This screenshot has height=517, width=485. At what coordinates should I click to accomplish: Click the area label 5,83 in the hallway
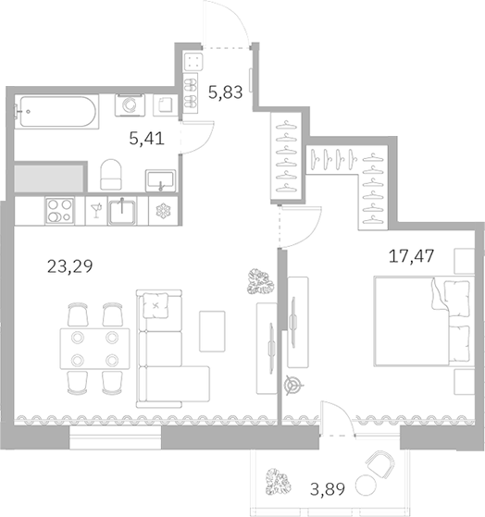click(227, 92)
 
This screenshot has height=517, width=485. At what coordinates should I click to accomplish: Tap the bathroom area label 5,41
click(146, 142)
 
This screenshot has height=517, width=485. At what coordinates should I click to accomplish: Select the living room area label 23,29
click(70, 269)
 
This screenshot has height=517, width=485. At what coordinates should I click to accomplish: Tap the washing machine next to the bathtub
click(129, 107)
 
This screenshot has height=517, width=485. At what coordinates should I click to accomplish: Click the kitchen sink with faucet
click(123, 210)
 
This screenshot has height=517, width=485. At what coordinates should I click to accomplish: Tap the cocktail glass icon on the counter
click(94, 210)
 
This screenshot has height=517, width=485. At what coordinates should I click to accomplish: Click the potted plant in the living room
click(258, 280)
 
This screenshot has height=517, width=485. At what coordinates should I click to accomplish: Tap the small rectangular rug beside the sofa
click(212, 331)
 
